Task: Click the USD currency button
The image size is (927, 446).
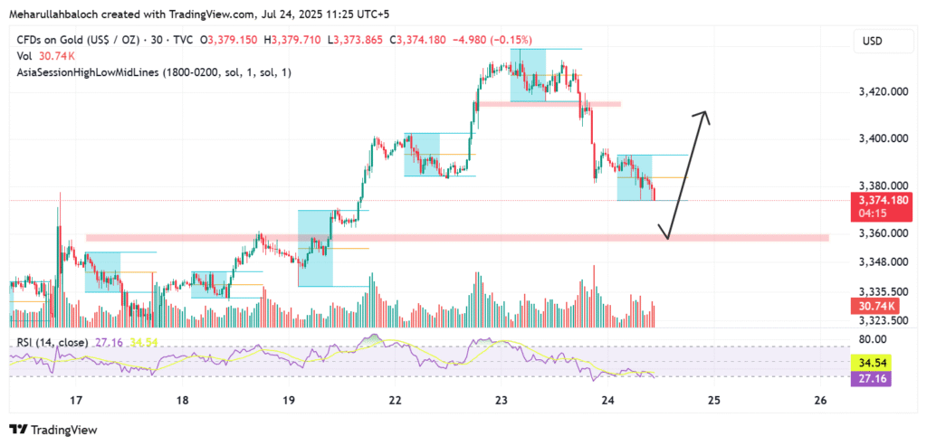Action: [873, 42]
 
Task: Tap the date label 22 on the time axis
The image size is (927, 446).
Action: [395, 400]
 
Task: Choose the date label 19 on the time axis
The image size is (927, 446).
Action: [289, 400]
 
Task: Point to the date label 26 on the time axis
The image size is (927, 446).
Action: [821, 400]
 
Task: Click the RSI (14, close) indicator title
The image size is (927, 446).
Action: [52, 343]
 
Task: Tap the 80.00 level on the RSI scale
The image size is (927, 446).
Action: [872, 340]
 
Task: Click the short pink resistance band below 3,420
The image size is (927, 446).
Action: [550, 104]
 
